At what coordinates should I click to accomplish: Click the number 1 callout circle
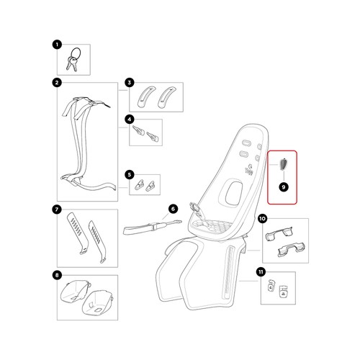[x=57, y=45]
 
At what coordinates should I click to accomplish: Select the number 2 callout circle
[x=57, y=83]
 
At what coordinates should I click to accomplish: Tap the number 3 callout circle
[x=130, y=83]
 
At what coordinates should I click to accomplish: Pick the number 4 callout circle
[x=130, y=120]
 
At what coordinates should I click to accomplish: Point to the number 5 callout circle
[x=130, y=174]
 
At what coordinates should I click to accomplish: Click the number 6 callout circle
[x=173, y=209]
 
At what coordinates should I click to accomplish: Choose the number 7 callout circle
[x=57, y=210]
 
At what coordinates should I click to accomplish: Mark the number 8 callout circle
[x=57, y=275]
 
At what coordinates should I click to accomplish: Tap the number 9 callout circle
[x=284, y=187]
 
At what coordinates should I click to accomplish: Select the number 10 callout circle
[x=263, y=219]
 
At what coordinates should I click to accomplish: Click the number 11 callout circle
[x=261, y=272]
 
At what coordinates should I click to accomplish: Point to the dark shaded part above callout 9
[x=283, y=164]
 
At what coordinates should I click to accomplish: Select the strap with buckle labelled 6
[x=153, y=228]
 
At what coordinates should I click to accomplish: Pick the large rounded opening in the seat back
[x=233, y=192]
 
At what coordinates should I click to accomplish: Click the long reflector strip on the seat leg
[x=228, y=272]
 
